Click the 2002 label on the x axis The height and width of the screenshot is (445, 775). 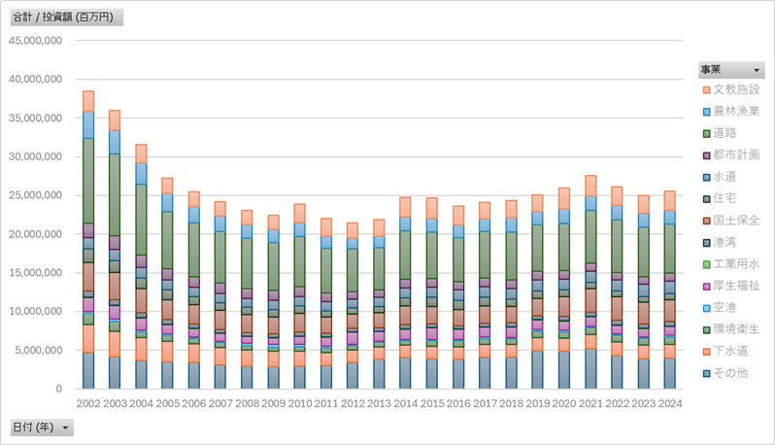(x=88, y=402)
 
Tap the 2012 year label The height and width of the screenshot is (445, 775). (x=351, y=402)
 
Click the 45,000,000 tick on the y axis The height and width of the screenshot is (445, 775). (x=35, y=41)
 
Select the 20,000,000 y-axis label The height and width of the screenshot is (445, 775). (x=35, y=234)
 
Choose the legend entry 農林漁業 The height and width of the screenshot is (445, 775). (x=735, y=112)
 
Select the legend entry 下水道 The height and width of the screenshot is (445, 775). (x=731, y=351)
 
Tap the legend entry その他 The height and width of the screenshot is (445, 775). (x=731, y=373)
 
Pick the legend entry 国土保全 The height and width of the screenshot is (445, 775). (x=735, y=221)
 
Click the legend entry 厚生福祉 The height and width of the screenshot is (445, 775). (x=735, y=286)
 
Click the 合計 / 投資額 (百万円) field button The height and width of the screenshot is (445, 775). (x=66, y=17)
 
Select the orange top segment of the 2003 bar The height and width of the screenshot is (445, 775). (x=115, y=120)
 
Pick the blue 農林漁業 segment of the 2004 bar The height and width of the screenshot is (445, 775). (x=141, y=174)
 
